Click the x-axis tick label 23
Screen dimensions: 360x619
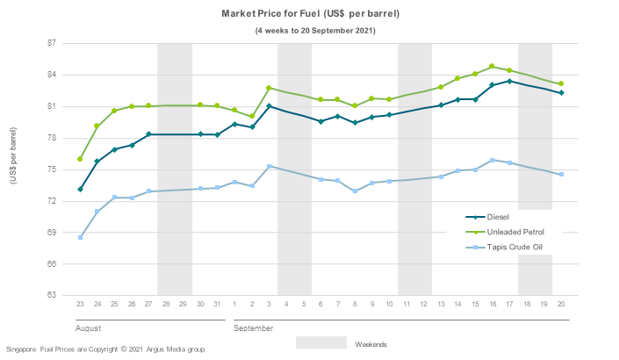tap(80, 303)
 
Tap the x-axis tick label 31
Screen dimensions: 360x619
tap(217, 303)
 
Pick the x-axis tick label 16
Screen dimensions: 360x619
tap(492, 303)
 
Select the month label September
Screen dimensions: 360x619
tap(254, 328)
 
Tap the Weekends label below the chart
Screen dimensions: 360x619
tap(371, 344)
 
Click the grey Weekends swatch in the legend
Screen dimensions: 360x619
tap(320, 342)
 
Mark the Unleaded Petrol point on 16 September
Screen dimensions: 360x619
tap(492, 67)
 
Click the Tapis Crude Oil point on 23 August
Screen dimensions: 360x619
tap(80, 237)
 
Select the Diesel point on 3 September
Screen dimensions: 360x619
tap(269, 106)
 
